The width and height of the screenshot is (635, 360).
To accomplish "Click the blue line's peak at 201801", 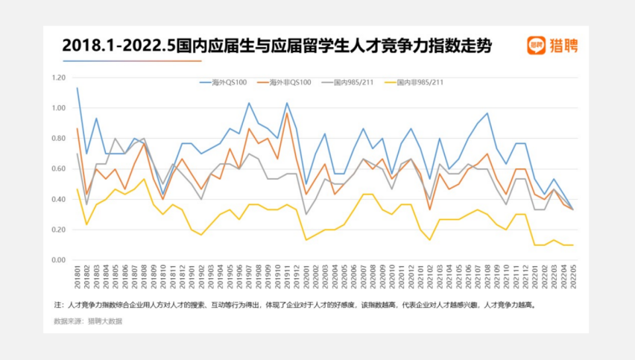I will [77, 88].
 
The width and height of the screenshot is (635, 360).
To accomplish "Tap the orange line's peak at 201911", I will [286, 113].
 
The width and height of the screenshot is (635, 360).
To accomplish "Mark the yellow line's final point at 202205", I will [572, 245].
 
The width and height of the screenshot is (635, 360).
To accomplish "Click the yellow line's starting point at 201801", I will [77, 189].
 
